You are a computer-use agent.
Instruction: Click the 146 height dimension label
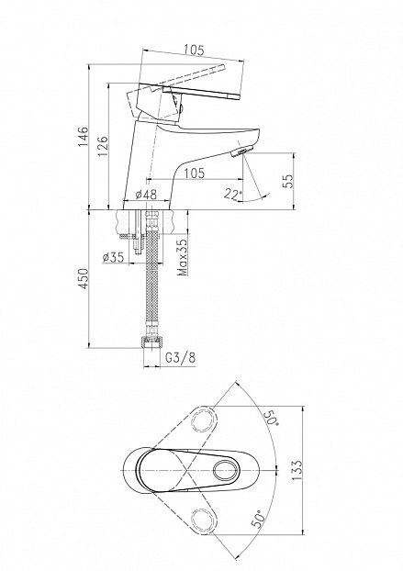point(84,137)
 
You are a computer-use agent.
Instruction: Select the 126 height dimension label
point(103,146)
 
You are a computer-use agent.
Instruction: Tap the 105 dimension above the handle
point(194,50)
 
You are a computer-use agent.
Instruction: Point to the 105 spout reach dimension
point(194,173)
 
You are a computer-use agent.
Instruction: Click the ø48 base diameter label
point(146,195)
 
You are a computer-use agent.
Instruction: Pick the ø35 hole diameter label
point(113,257)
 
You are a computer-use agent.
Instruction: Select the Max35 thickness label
point(183,256)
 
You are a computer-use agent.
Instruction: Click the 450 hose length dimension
point(84,278)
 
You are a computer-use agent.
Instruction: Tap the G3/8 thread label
point(181,358)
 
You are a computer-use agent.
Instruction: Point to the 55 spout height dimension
point(287,181)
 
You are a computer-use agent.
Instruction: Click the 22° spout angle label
point(233,195)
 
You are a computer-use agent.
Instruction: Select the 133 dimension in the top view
point(297,470)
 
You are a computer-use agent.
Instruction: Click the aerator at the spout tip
point(241,151)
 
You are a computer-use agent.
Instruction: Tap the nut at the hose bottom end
point(151,342)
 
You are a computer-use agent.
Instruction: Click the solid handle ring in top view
point(226,471)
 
